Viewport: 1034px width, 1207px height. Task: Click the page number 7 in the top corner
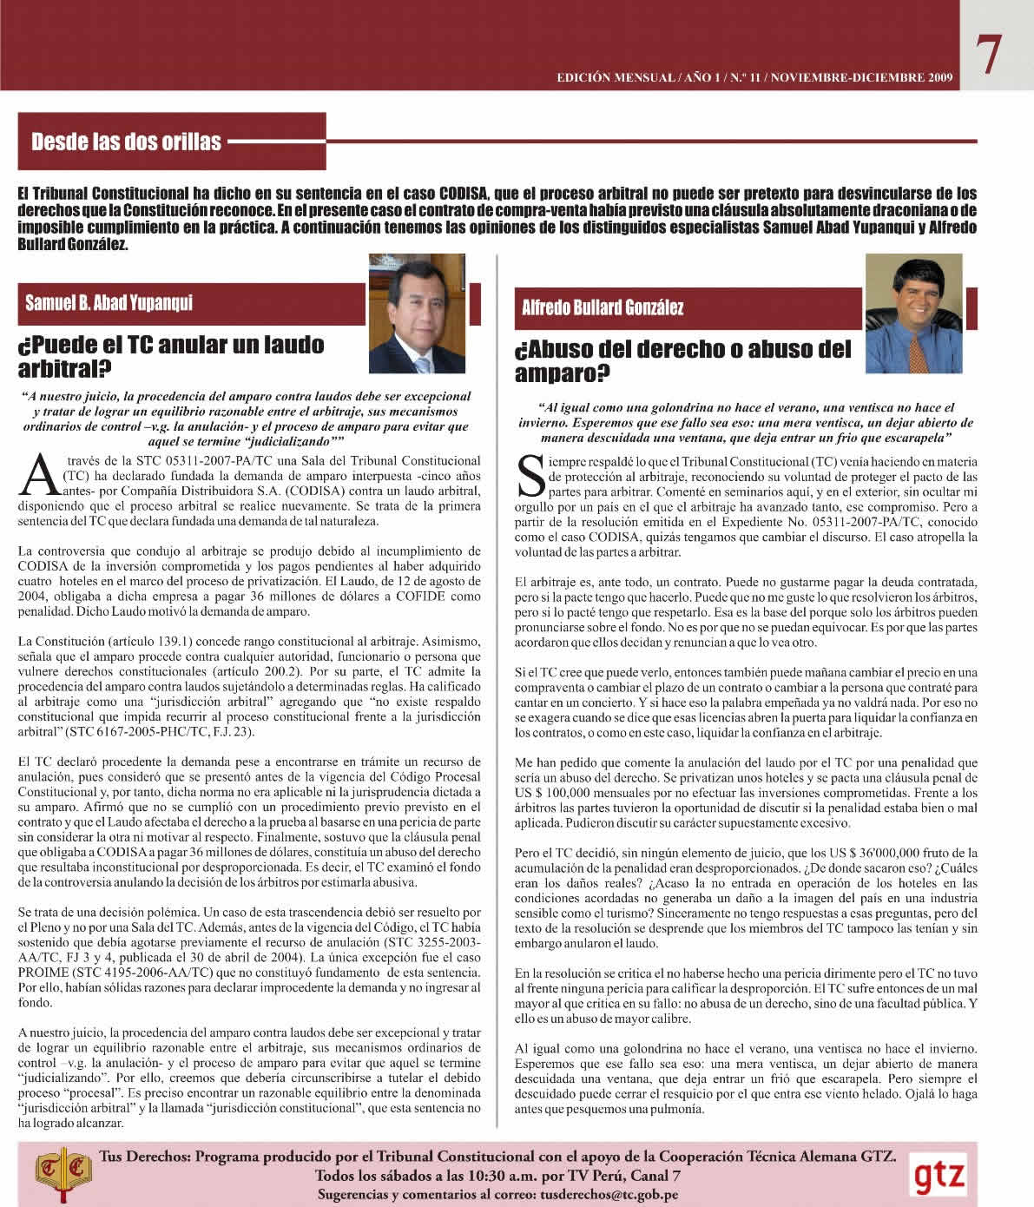[x=989, y=55]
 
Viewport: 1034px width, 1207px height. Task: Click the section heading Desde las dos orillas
[x=127, y=142]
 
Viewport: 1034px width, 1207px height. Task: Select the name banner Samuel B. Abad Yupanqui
[x=109, y=303]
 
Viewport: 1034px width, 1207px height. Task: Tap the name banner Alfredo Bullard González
[x=603, y=307]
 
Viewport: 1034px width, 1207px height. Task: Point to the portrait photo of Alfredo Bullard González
[x=913, y=314]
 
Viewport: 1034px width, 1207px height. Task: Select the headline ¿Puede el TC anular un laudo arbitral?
[x=171, y=356]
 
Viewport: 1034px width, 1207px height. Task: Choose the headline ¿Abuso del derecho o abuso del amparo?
[x=683, y=361]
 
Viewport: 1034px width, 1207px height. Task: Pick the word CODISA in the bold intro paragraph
[x=464, y=193]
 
